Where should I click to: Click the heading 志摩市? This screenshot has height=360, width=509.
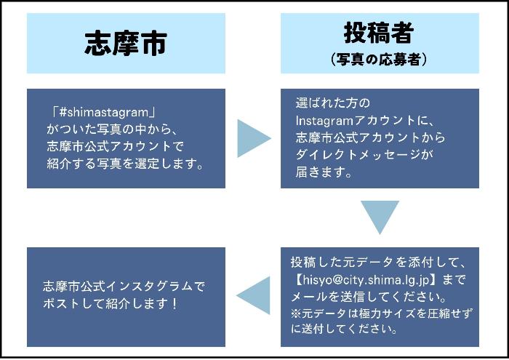tap(126, 44)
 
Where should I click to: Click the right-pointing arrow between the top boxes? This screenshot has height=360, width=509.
tap(254, 138)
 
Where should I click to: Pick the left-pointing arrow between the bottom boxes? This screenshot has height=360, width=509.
tap(253, 296)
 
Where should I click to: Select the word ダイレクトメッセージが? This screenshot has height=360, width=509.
tap(364, 154)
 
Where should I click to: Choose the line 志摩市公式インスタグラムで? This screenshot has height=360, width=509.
tap(124, 286)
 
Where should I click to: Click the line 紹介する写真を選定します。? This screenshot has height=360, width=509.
tap(123, 163)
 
